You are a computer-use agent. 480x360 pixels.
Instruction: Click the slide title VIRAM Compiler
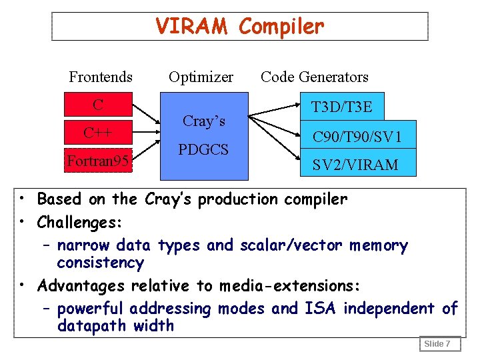(239, 27)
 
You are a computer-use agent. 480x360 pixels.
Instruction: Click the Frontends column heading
(101, 77)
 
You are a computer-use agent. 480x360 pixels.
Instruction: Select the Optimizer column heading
(201, 77)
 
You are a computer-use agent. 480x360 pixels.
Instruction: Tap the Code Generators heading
(315, 77)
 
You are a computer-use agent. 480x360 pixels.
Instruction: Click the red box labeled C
(98, 105)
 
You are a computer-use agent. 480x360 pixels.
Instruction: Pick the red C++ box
(98, 132)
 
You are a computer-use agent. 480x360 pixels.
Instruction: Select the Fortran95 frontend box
(98, 161)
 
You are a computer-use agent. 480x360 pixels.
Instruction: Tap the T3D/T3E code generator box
(341, 107)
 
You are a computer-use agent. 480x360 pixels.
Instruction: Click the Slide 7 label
(437, 344)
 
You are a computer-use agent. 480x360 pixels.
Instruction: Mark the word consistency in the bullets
(100, 263)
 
